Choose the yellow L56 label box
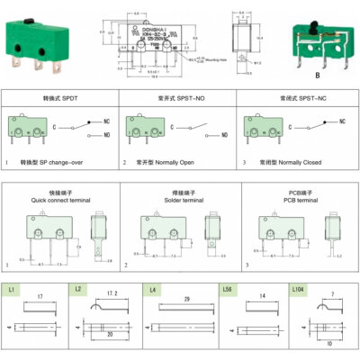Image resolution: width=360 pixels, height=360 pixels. tap(229, 291)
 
